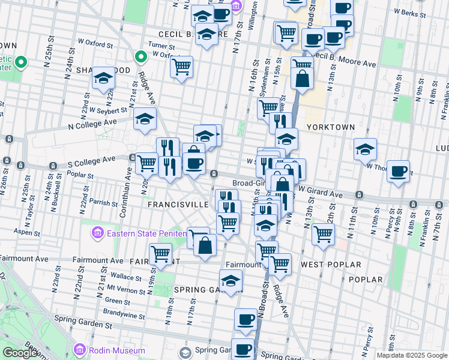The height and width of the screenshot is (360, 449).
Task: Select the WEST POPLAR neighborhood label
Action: tap(331, 265)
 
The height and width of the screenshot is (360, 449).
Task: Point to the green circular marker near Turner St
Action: tap(140, 58)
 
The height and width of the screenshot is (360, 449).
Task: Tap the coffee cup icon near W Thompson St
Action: tap(398, 172)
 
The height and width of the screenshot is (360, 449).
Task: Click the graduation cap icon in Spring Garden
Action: tap(231, 281)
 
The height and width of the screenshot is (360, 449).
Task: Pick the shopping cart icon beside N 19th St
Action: tap(160, 254)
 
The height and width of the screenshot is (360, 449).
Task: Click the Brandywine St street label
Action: tap(124, 316)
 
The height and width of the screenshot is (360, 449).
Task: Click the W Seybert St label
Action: tap(108, 110)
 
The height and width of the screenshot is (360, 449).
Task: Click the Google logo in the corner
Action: tap(20, 353)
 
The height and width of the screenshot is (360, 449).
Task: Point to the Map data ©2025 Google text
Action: tap(411, 355)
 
